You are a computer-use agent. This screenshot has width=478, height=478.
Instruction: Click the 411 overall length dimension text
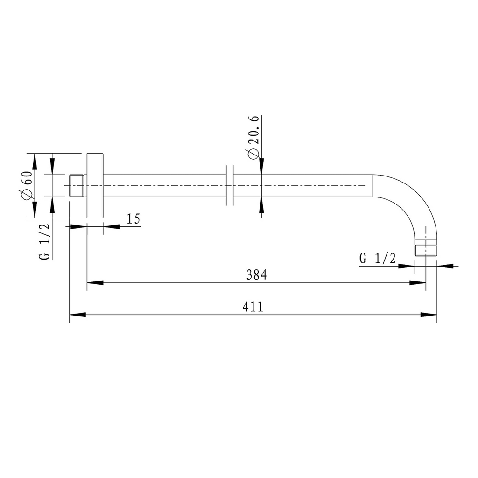(x=253, y=307)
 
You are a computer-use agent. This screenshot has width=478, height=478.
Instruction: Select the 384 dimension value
(x=256, y=275)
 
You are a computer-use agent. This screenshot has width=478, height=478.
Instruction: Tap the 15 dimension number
(x=133, y=218)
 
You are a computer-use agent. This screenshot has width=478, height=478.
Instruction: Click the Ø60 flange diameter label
(x=27, y=185)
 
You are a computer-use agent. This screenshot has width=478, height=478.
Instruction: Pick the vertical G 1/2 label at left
(x=44, y=241)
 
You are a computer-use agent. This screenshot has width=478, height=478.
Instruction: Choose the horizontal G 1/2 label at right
(x=377, y=259)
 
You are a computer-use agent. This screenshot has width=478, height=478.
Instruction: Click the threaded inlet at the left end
(x=77, y=186)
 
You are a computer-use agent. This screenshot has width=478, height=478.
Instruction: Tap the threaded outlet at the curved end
(x=426, y=250)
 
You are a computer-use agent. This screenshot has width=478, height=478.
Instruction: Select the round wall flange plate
(x=95, y=186)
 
